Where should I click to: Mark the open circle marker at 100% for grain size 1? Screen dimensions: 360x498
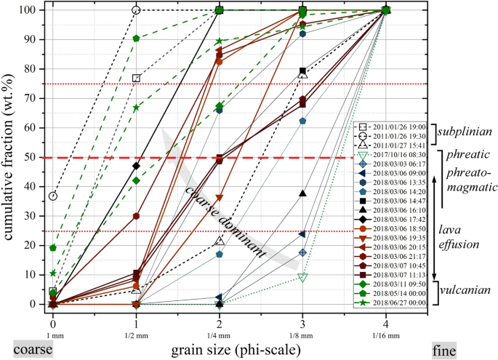(136, 10)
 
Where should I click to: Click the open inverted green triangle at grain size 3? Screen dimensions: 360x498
(302, 277)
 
